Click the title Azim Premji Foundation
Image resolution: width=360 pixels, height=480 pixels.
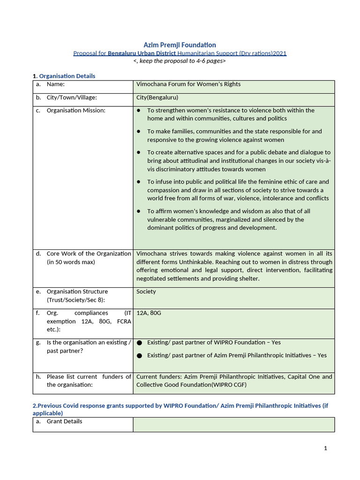180,45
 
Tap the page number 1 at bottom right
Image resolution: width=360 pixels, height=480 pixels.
325,448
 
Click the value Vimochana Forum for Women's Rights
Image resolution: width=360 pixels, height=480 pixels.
188,84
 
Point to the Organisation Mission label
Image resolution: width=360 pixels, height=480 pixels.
76,111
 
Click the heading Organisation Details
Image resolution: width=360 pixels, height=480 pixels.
67,76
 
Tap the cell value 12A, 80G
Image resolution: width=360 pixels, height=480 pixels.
149,313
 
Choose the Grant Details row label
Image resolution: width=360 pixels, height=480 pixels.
64,421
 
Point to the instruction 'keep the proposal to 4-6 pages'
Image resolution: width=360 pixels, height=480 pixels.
180,61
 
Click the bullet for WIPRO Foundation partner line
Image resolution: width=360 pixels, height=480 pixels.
139,343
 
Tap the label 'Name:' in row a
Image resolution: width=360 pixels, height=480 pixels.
55,84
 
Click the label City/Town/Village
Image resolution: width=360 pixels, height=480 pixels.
72,97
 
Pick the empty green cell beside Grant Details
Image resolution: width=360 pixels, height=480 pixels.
233,424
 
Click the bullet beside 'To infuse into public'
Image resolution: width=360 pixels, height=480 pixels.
139,182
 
